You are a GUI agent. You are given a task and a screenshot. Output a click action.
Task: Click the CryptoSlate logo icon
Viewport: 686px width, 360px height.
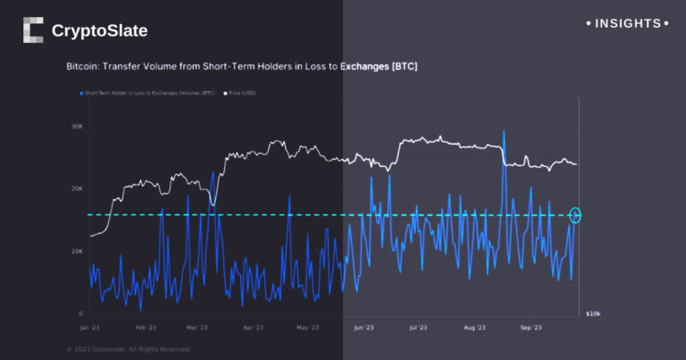(x=33, y=30)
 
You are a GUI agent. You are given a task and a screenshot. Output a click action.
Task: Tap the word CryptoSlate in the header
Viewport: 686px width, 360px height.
(x=99, y=31)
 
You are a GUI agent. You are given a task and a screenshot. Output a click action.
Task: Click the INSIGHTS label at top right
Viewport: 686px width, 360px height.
(x=629, y=23)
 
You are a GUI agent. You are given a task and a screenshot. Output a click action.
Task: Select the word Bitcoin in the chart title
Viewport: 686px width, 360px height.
(x=83, y=67)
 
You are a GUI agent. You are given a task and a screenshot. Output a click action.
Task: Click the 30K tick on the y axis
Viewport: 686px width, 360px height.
(x=78, y=126)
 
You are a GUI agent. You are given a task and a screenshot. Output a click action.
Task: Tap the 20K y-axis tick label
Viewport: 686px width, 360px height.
(x=78, y=188)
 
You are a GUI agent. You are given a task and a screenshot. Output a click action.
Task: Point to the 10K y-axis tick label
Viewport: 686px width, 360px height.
(x=78, y=251)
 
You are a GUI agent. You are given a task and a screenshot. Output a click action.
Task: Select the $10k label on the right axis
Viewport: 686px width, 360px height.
(x=592, y=314)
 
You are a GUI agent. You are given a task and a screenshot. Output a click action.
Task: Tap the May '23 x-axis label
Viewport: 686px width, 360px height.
(x=307, y=328)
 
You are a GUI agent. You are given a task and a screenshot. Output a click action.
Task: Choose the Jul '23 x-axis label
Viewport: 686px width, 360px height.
(x=418, y=328)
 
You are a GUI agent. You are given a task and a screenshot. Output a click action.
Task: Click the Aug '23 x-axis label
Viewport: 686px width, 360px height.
(x=474, y=328)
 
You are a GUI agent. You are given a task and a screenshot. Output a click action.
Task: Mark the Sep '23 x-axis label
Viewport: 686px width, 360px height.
(x=531, y=328)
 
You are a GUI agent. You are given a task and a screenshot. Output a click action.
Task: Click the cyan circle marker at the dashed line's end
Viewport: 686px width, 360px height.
(x=575, y=214)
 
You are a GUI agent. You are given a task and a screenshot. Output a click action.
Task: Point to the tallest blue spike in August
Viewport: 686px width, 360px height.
(x=505, y=131)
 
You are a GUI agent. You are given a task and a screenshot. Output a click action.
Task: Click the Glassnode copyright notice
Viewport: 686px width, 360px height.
(x=129, y=349)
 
